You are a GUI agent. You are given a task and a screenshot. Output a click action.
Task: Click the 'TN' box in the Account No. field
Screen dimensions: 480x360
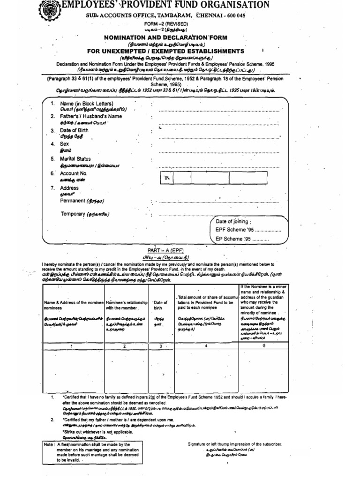166,179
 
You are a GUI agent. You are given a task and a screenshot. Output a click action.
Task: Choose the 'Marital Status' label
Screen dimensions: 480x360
76,158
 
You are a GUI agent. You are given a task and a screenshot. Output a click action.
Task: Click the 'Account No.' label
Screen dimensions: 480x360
74,173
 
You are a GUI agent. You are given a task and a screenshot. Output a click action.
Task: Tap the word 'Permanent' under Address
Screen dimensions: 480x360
73,201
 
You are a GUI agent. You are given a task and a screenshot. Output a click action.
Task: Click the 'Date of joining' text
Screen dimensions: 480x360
233,221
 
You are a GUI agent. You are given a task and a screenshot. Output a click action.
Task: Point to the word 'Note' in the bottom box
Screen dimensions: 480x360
51,443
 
